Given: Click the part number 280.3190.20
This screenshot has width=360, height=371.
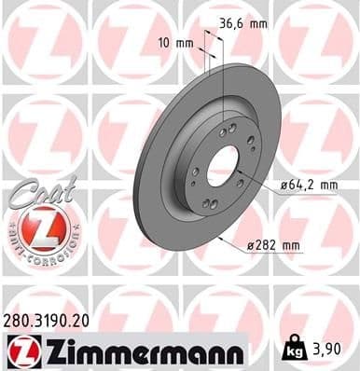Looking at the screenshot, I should coord(54,319).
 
